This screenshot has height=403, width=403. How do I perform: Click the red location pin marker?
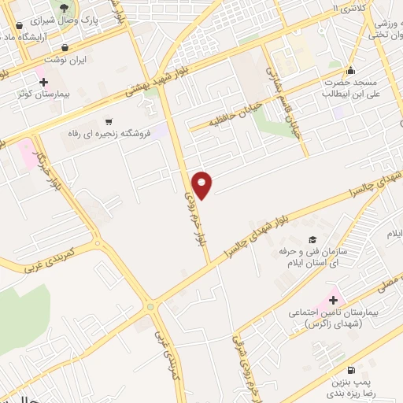202,184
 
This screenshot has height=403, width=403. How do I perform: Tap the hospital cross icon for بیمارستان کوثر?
43,81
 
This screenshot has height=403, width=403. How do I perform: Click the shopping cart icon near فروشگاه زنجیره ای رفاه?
108,121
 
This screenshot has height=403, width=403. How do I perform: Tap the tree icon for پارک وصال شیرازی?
76,8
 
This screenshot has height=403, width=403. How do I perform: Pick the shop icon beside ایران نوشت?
76,47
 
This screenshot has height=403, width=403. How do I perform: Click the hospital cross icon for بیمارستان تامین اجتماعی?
333,300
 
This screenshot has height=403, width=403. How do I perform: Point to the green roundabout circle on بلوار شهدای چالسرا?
150,306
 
